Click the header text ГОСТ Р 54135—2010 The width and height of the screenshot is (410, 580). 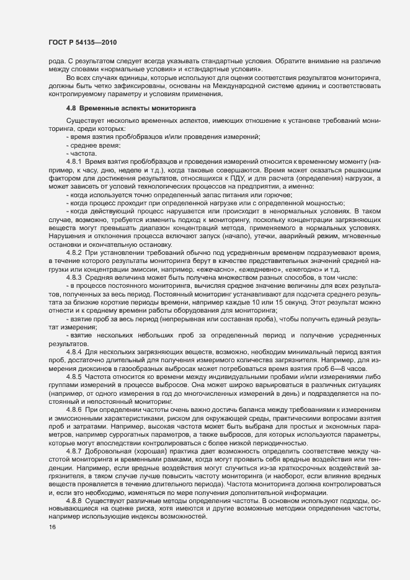click(x=82, y=42)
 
